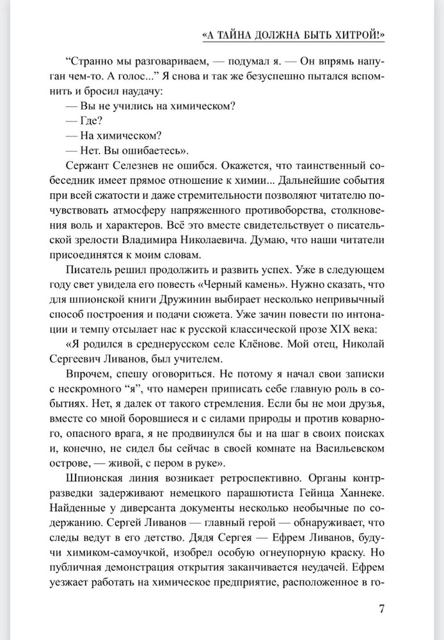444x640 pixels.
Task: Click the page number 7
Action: (381, 607)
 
